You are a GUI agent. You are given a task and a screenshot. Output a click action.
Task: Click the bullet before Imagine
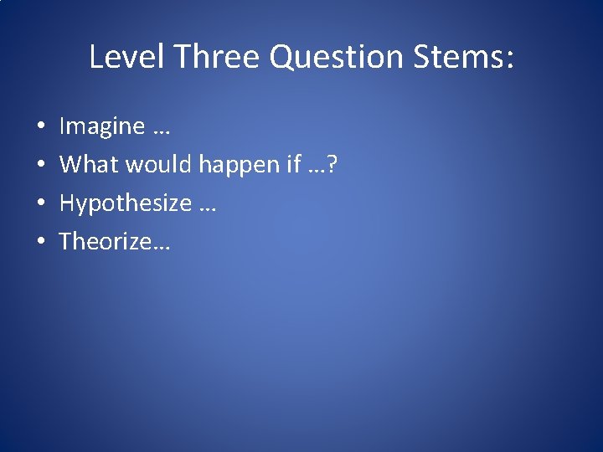pyautogui.click(x=40, y=127)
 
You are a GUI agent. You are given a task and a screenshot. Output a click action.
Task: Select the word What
pyautogui.click(x=89, y=165)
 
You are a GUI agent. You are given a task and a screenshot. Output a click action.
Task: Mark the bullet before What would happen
pyautogui.click(x=40, y=166)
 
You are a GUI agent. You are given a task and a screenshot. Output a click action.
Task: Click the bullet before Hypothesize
pyautogui.click(x=40, y=204)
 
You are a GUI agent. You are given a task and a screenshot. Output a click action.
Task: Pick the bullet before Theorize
pyautogui.click(x=40, y=243)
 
